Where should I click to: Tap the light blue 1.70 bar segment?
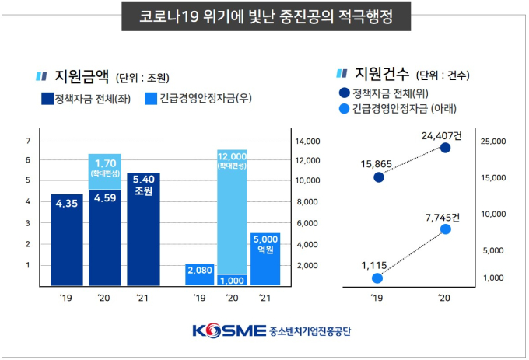tap(105, 170)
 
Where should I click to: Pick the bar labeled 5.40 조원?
tap(143, 229)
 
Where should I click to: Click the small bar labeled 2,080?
tap(200, 274)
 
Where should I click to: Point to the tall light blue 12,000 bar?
tap(232, 210)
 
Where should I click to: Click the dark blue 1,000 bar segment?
tap(232, 280)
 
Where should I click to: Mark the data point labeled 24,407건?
tap(445, 147)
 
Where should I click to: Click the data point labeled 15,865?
tap(378, 177)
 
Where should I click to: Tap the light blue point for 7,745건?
tap(445, 229)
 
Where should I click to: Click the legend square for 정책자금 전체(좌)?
tap(45, 99)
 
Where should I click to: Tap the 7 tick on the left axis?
tap(28, 142)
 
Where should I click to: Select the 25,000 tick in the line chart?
tap(495, 142)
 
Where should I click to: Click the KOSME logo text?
tap(230, 330)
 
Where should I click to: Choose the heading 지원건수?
tap(377, 75)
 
